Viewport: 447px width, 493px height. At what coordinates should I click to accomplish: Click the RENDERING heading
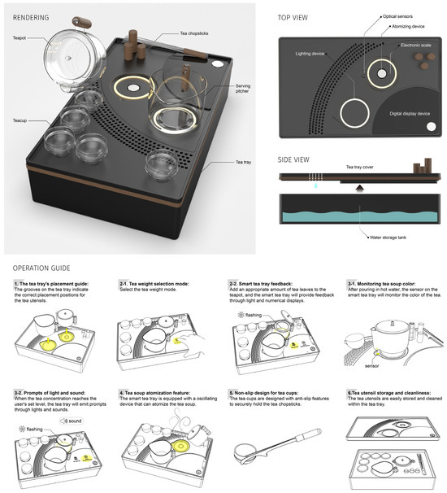coord(26,17)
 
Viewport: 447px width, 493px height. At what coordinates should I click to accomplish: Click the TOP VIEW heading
coord(297,17)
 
